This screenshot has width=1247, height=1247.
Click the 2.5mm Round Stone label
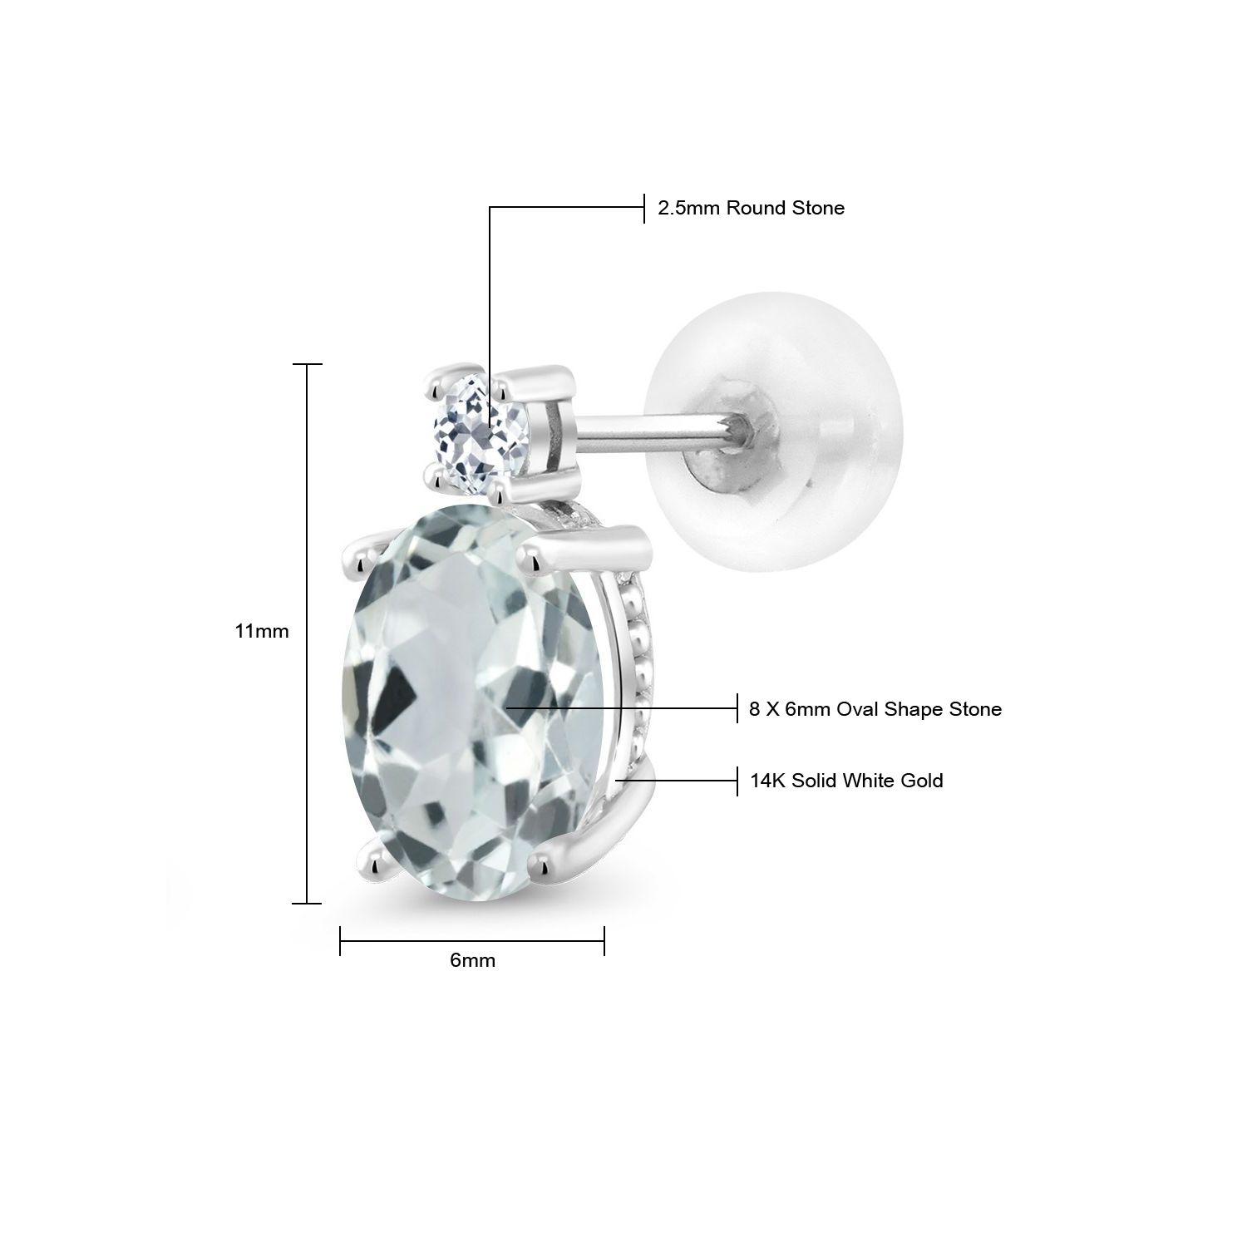(x=751, y=208)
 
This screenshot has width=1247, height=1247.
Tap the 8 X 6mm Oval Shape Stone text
(x=875, y=709)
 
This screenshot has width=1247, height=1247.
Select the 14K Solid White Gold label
(x=846, y=781)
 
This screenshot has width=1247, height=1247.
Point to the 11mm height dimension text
(x=262, y=631)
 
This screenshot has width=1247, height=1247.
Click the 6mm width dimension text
(x=472, y=960)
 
